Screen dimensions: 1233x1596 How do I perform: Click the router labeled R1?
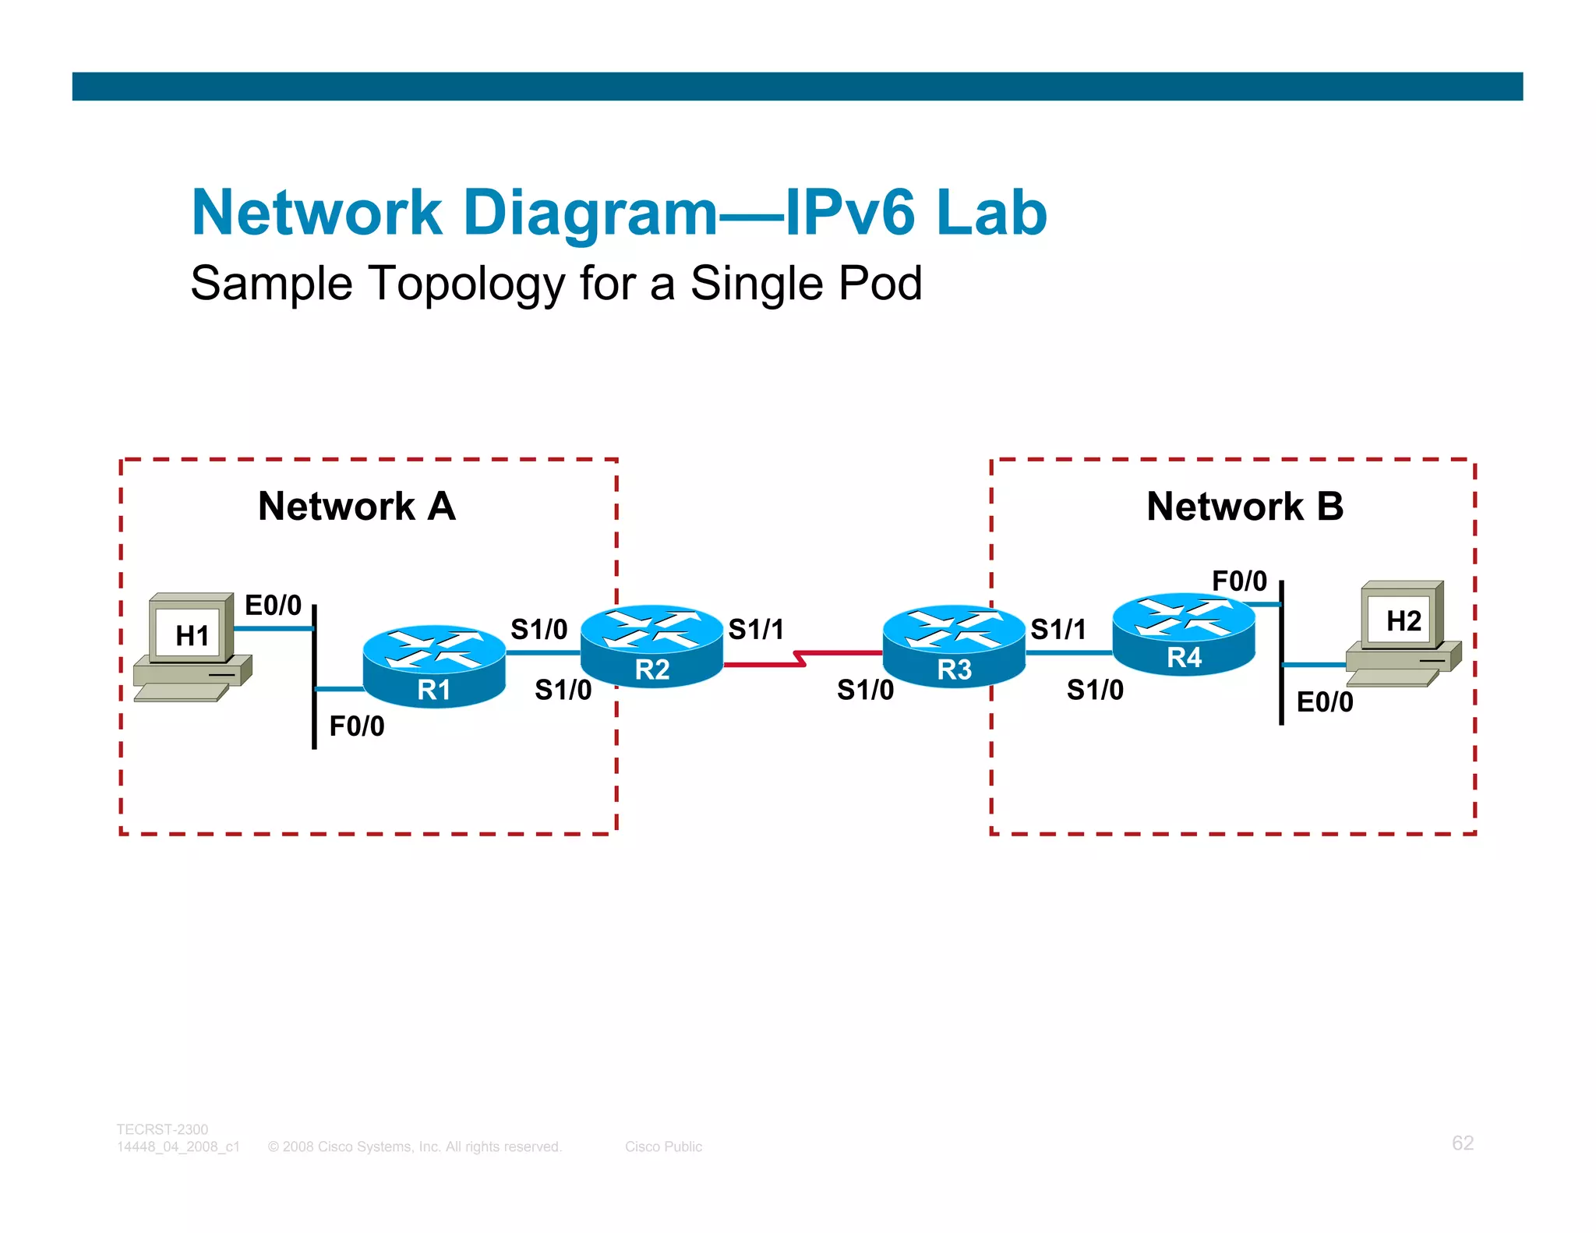click(434, 666)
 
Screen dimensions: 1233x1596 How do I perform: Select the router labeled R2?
click(652, 647)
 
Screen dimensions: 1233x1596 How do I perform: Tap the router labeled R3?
click(954, 647)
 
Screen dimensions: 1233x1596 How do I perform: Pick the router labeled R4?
click(1184, 634)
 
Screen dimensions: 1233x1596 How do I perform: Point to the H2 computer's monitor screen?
click(1403, 620)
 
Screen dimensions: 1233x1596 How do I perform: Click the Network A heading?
click(356, 507)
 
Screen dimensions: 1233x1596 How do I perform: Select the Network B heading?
click(1245, 507)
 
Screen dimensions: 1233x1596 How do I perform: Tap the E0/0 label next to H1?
click(273, 605)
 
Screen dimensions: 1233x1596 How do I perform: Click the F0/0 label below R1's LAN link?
click(356, 726)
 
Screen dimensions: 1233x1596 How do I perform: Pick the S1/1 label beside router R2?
click(756, 629)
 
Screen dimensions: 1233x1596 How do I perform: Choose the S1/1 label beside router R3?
click(1058, 629)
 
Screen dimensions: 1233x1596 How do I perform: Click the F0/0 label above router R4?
click(1239, 581)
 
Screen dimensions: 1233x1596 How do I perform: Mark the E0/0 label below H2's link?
click(1324, 701)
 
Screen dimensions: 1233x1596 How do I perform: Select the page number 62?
click(1462, 1143)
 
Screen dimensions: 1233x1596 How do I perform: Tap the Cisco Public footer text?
click(663, 1146)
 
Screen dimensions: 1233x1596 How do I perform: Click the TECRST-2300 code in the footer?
click(162, 1129)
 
